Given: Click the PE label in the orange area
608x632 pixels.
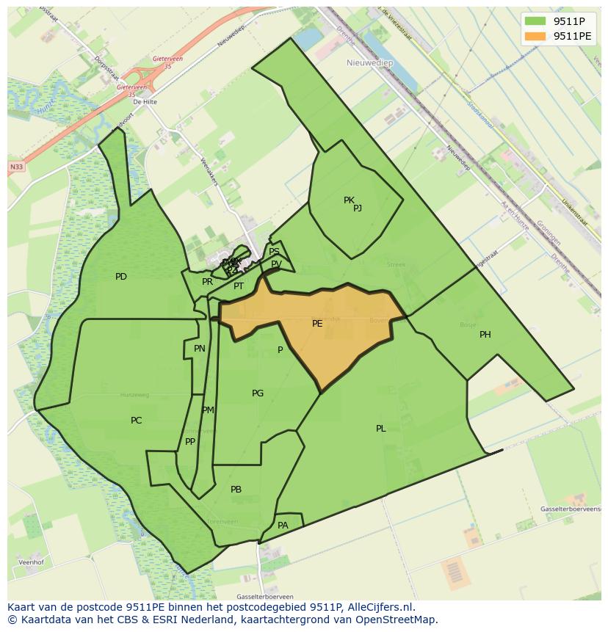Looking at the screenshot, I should click(x=317, y=323).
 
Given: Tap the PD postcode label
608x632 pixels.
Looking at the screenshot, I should click(x=121, y=277).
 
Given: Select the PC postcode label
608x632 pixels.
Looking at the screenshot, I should click(x=136, y=421).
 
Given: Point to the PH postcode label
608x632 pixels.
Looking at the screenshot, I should click(x=485, y=335).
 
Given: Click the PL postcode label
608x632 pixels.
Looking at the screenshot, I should click(x=381, y=429).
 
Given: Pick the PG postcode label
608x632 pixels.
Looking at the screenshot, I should click(x=258, y=393).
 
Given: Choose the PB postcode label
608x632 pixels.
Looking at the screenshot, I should click(x=236, y=490).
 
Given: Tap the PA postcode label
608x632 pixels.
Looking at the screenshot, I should click(x=283, y=526).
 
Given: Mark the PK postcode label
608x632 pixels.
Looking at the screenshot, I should click(x=349, y=200).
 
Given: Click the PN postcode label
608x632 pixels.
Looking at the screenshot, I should click(x=200, y=349).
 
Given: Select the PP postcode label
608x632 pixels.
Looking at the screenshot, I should click(x=190, y=442).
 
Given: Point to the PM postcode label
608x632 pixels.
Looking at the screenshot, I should click(x=208, y=410).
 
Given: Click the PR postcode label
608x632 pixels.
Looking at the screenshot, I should click(x=207, y=282).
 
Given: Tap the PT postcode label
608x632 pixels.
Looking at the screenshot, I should click(x=239, y=286).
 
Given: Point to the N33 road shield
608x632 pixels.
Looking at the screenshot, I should click(x=16, y=167).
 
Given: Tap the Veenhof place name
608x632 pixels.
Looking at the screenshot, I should click(x=27, y=563).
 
